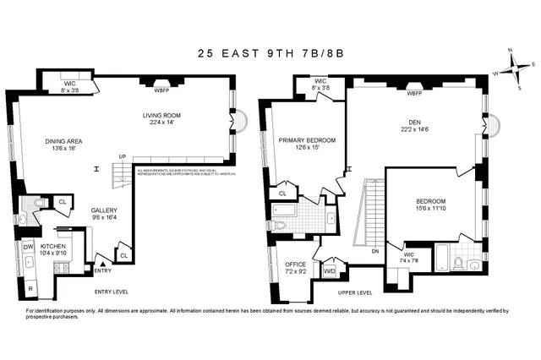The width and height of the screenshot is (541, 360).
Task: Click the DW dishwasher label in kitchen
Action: pyautogui.click(x=28, y=247)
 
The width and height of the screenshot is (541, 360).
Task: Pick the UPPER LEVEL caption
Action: pyautogui.click(x=354, y=292)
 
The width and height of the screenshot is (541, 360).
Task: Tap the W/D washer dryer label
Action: pyautogui.click(x=329, y=271)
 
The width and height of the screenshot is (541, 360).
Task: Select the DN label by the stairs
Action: pyautogui.click(x=374, y=250)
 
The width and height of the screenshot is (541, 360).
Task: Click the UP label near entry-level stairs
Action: pyautogui.click(x=122, y=156)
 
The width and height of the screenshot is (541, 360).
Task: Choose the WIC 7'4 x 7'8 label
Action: pyautogui.click(x=408, y=256)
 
